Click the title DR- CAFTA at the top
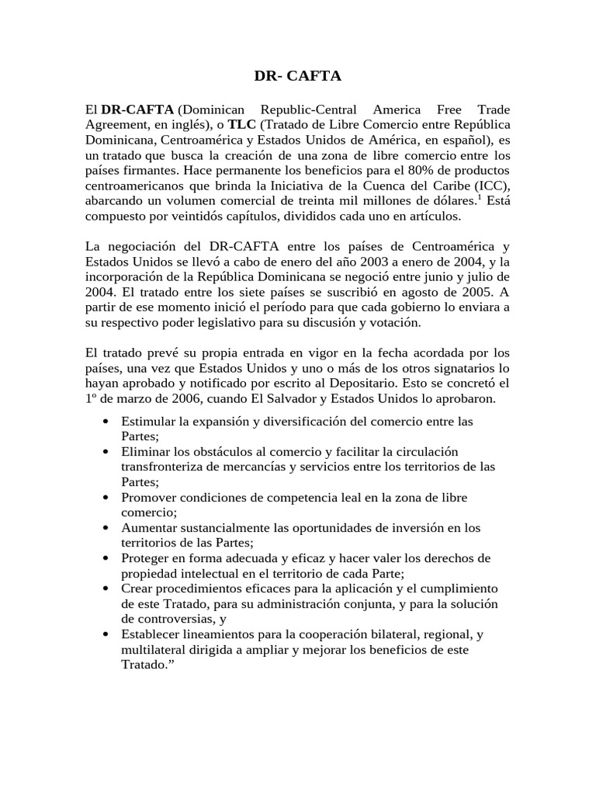point(298,76)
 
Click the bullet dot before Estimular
point(105,421)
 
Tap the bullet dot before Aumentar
point(105,528)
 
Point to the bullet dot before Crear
point(105,588)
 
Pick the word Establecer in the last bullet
point(150,634)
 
